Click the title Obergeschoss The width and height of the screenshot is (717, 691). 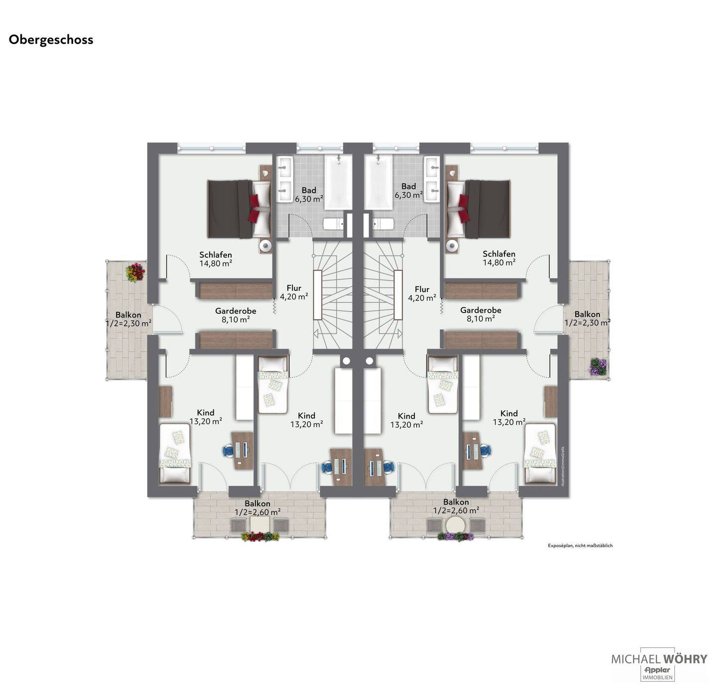(x=51, y=40)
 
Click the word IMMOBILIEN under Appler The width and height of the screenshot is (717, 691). (x=657, y=678)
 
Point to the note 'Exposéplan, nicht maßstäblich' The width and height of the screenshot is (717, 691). (x=580, y=546)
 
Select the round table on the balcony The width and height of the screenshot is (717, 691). (x=456, y=525)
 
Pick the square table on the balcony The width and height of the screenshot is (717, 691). (x=259, y=525)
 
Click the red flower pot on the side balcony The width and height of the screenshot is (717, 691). (x=135, y=272)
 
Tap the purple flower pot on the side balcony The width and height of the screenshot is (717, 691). (x=598, y=367)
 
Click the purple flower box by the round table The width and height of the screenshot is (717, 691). (x=455, y=537)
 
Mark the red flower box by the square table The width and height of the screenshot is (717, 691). (x=260, y=537)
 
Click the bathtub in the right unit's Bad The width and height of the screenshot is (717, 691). (x=378, y=181)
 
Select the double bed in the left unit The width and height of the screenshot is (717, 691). (x=239, y=209)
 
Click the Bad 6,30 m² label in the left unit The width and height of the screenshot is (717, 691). (x=309, y=194)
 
